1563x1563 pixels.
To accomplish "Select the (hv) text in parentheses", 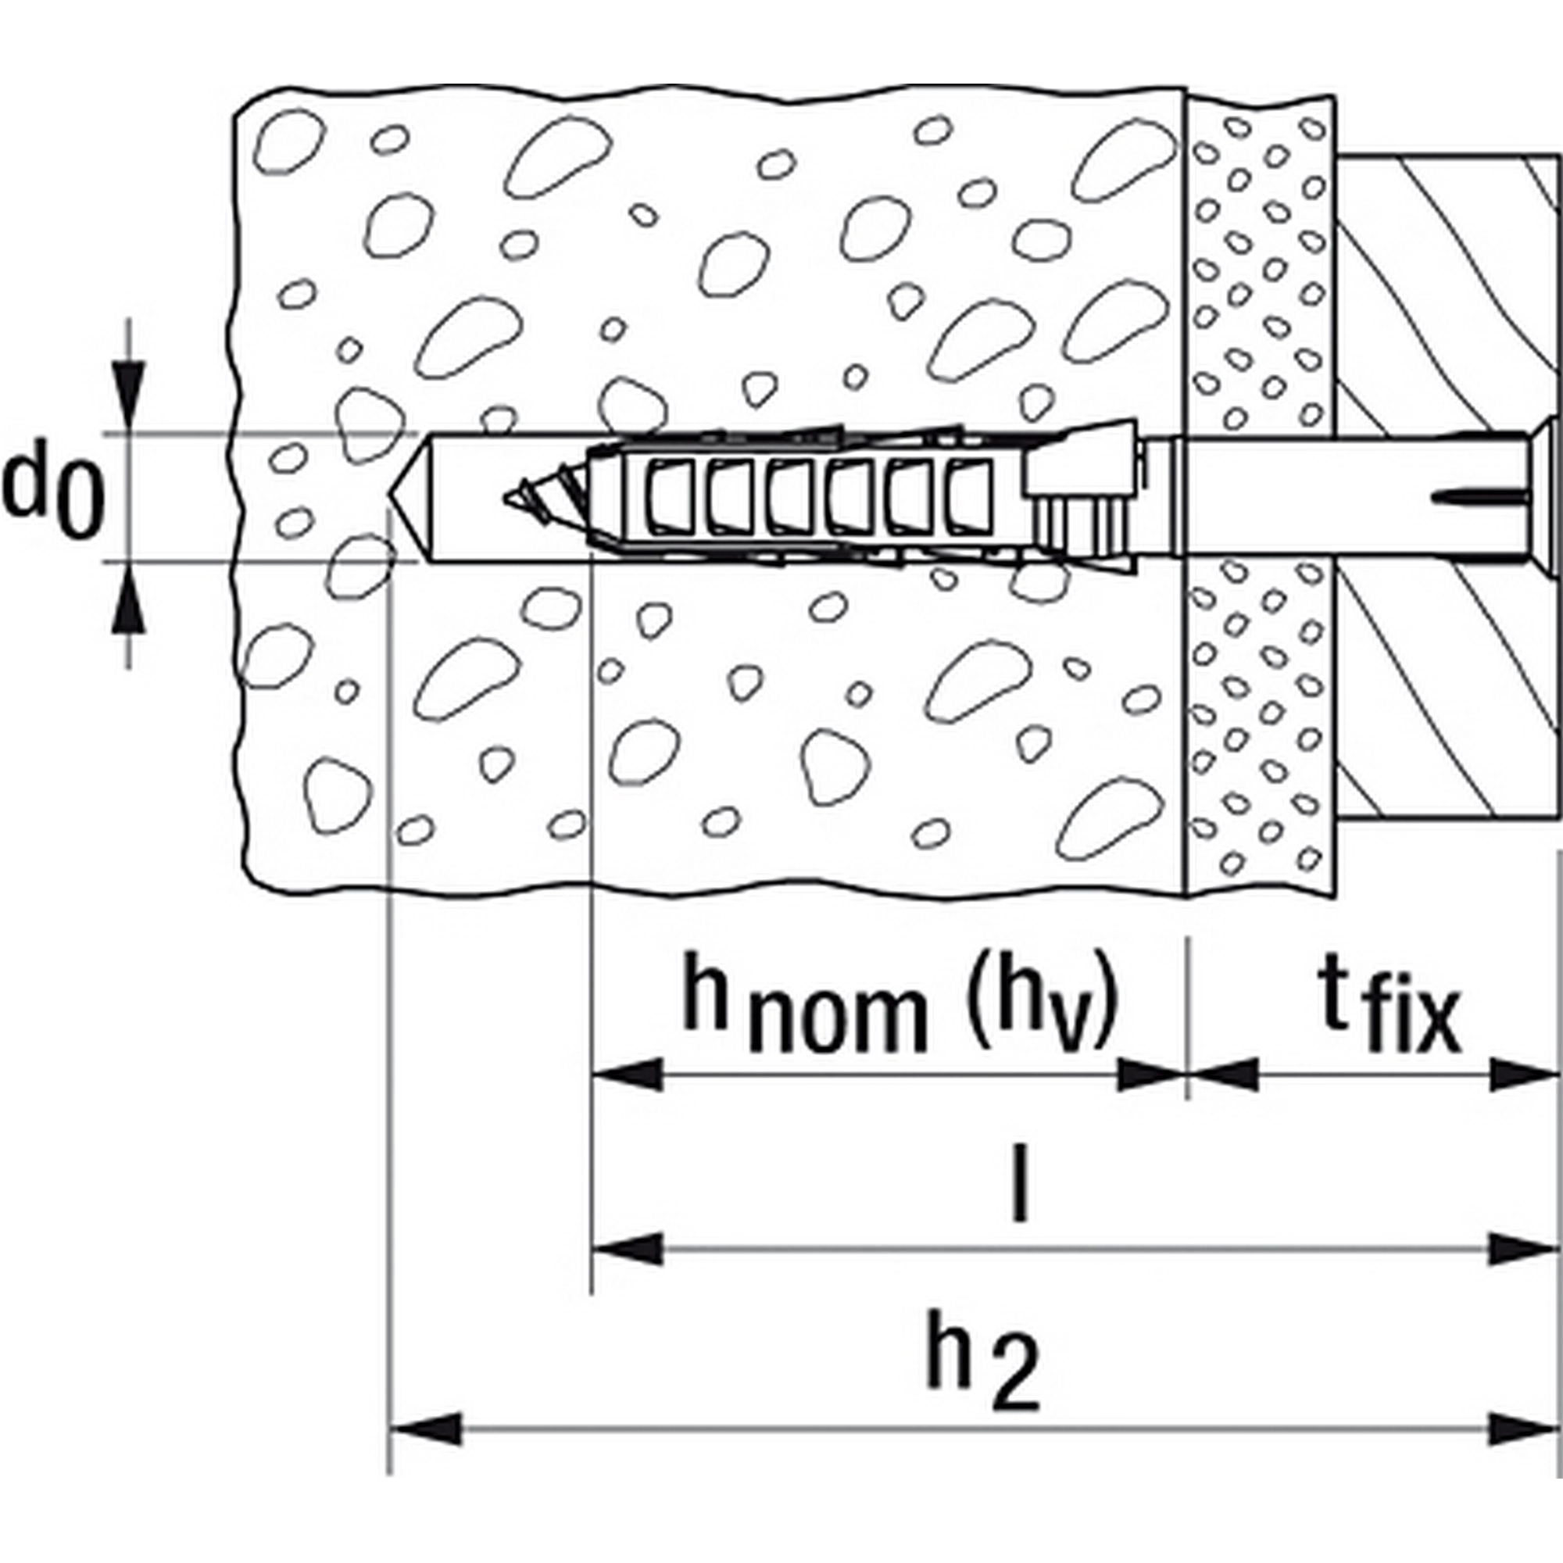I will coord(1043,1007).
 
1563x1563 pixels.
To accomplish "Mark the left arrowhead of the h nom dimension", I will coord(627,1076).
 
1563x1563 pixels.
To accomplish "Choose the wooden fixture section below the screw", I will coord(1448,688).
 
